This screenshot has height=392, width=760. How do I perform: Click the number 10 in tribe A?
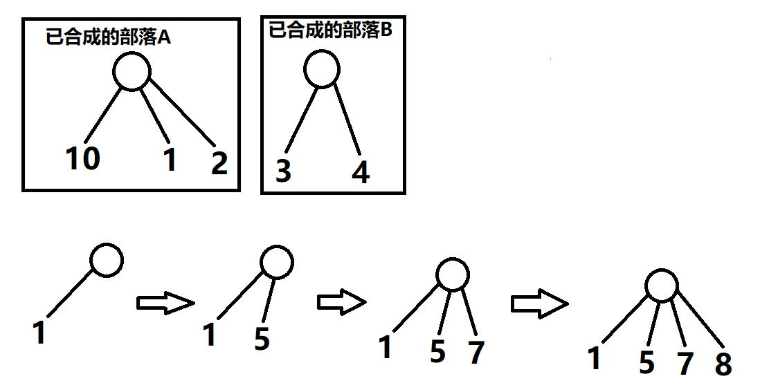point(83,159)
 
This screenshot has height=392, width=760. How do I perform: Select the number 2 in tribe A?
point(219,164)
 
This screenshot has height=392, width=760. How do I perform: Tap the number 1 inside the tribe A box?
point(170,160)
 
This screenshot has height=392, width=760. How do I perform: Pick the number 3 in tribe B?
point(283,171)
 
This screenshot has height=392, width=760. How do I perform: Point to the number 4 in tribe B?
point(361,173)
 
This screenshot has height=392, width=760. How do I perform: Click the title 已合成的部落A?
point(108,37)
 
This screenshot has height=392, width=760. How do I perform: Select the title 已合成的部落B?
point(330,30)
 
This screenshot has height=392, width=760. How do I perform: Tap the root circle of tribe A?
point(132,71)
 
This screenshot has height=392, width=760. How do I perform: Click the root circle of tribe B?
point(322,69)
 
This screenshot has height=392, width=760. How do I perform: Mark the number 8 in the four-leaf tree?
point(723,364)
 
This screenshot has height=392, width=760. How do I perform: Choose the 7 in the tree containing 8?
point(685,362)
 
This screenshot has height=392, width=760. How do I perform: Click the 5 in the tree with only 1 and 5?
point(262,339)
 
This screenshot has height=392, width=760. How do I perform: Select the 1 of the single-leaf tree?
point(39,333)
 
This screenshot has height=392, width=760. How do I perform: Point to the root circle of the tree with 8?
point(661,286)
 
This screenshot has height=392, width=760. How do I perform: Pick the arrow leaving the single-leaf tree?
point(165,303)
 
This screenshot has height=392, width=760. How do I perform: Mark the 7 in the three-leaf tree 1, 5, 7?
point(476,352)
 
